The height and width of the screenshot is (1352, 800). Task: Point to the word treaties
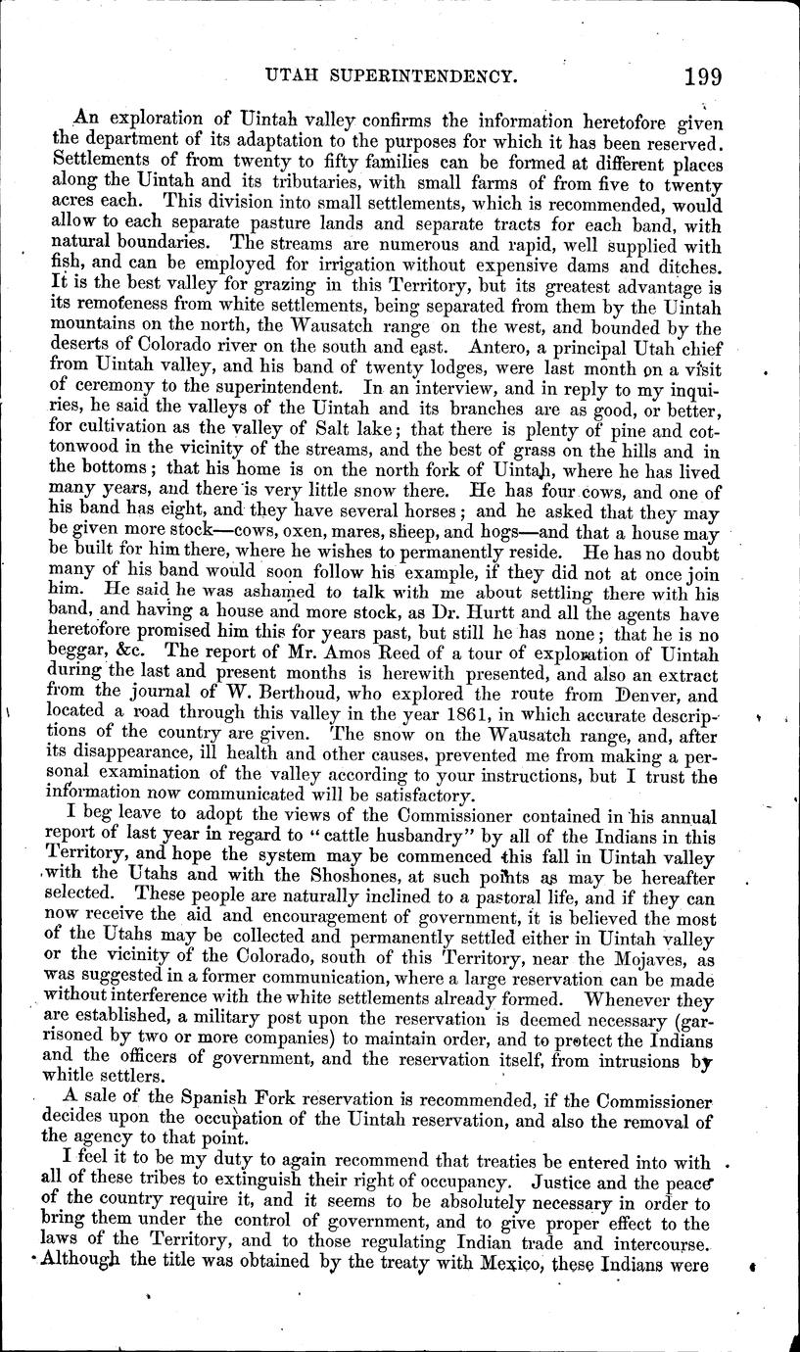click(489, 1163)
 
